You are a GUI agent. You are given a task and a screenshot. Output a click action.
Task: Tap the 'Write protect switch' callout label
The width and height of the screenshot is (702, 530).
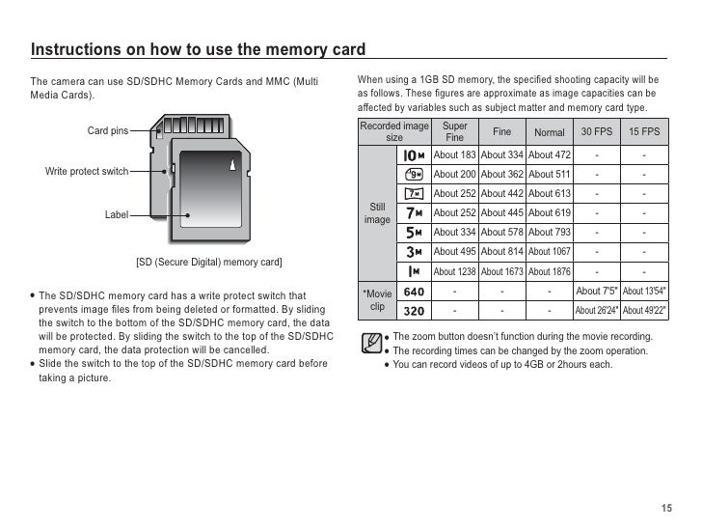point(87,171)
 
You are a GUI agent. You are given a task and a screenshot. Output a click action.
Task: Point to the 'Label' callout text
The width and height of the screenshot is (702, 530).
point(117,214)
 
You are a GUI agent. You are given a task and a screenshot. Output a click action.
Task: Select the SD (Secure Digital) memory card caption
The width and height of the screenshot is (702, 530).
point(208,263)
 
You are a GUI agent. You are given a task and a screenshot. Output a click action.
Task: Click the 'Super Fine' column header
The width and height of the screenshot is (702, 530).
point(454,131)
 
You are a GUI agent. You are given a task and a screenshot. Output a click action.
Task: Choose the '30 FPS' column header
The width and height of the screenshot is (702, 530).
point(597,132)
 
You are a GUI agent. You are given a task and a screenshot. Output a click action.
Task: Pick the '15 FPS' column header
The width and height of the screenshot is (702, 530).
point(644,132)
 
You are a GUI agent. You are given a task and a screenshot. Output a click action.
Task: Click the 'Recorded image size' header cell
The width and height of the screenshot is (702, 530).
point(393,131)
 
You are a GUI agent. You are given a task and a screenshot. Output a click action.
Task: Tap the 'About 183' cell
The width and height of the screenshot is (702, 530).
point(454,155)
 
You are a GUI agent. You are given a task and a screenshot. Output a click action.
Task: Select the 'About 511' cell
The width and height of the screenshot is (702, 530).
point(550,175)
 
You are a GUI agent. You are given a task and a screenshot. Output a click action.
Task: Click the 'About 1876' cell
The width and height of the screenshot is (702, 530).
point(550,271)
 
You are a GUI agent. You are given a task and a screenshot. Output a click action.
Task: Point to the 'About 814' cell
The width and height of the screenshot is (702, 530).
point(501,252)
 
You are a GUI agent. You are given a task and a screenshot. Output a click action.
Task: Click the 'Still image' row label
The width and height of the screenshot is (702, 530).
point(377,213)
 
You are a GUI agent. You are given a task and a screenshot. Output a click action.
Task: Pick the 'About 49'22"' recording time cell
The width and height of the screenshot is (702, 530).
point(644,311)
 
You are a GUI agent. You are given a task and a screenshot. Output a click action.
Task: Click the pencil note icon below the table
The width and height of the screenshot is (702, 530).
point(368,344)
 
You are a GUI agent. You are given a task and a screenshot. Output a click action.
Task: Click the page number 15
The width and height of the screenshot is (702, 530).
point(665,509)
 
